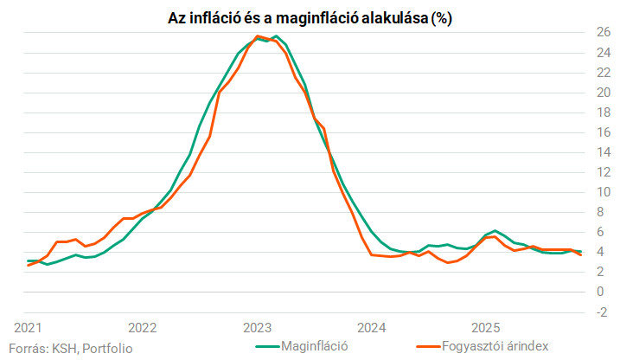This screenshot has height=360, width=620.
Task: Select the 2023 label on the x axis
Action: [x=257, y=328]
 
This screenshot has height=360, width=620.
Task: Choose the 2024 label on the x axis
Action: [x=372, y=328]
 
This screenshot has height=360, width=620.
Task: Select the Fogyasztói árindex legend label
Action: [x=496, y=346]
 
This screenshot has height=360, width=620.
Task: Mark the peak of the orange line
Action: [x=259, y=35]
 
